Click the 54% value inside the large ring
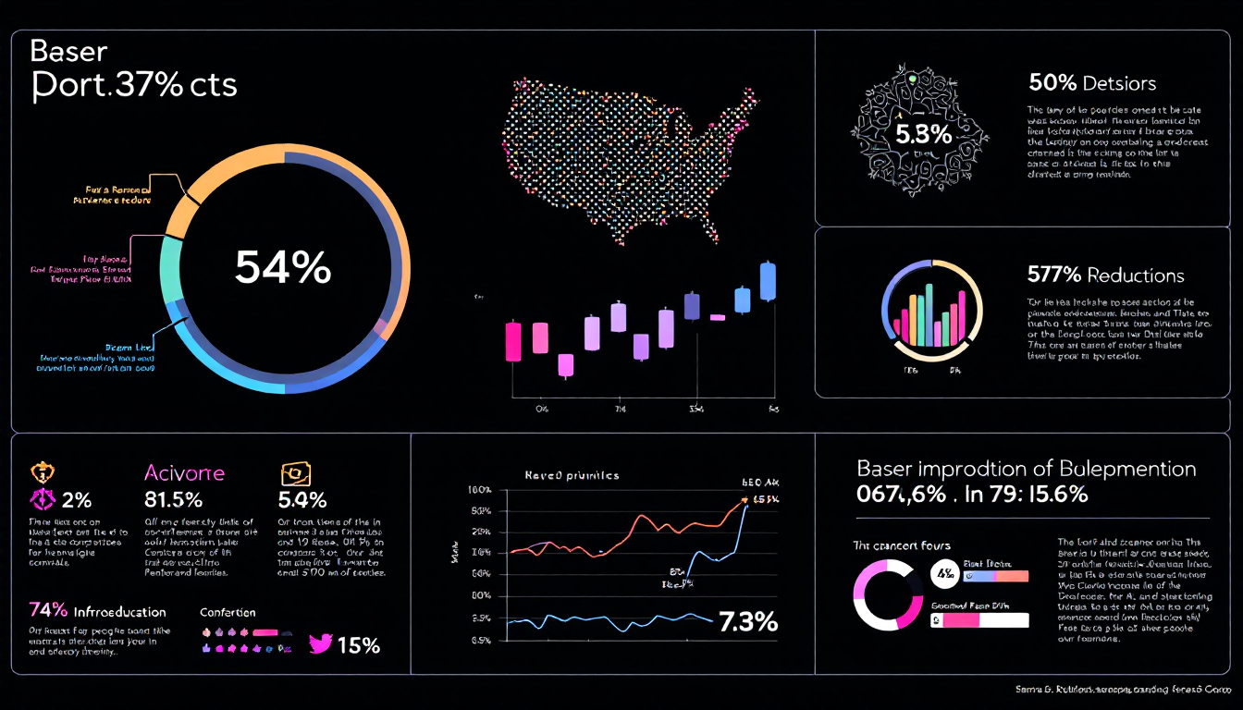point(283,268)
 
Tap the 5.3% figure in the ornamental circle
point(923,135)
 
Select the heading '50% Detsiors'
point(1092,83)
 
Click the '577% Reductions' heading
point(1105,275)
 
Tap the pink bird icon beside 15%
point(320,644)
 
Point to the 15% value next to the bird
point(359,645)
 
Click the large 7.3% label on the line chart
point(747,622)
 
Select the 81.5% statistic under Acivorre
point(173,500)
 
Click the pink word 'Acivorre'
point(184,472)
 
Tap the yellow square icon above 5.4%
point(295,473)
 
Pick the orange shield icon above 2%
point(41,472)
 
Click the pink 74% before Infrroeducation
point(48,610)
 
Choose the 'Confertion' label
point(228,612)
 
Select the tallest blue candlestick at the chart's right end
point(767,280)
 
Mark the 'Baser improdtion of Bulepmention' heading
point(1027,469)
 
